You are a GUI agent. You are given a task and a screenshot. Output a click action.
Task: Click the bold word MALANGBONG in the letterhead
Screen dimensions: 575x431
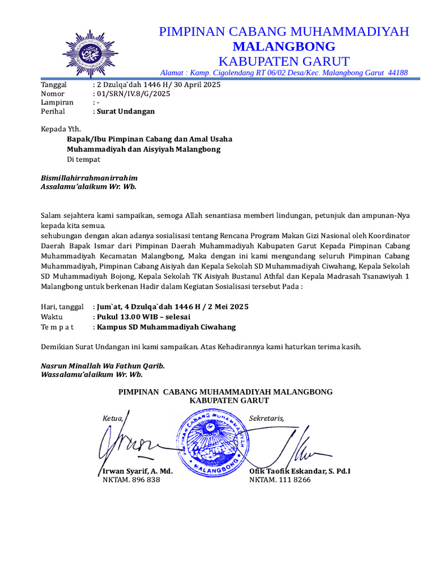pyautogui.click(x=283, y=46)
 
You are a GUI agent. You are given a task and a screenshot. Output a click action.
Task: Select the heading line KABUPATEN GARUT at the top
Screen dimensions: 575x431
pyautogui.click(x=283, y=61)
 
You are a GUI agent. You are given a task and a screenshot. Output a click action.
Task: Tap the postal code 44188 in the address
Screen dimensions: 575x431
pyautogui.click(x=398, y=73)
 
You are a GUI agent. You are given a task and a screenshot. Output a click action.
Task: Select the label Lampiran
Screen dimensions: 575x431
pyautogui.click(x=57, y=103)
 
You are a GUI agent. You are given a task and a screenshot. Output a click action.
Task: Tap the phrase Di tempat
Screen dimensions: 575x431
pyautogui.click(x=84, y=159)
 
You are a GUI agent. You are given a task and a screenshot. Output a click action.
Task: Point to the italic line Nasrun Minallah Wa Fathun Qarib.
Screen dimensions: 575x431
pyautogui.click(x=103, y=366)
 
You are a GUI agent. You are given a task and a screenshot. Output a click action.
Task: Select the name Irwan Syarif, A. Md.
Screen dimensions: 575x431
pyautogui.click(x=137, y=471)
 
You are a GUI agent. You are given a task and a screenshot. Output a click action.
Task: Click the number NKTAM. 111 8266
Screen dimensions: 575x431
pyautogui.click(x=279, y=481)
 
